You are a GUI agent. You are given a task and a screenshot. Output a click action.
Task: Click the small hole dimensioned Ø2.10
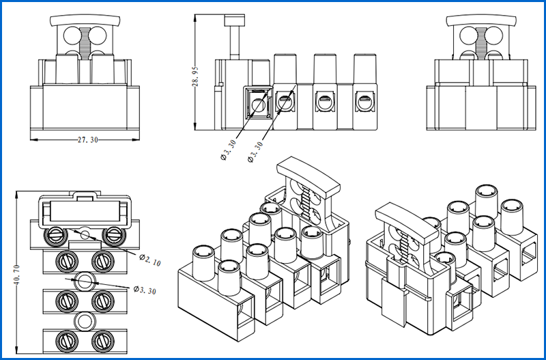(x=84, y=235)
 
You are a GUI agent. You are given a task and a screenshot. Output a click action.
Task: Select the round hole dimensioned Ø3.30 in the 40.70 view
(x=84, y=280)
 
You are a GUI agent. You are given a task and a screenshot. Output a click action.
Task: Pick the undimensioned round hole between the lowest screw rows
(x=84, y=322)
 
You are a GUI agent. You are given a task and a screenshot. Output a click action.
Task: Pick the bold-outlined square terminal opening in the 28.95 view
(x=257, y=105)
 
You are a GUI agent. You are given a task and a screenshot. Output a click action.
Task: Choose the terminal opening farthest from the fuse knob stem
(x=364, y=104)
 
